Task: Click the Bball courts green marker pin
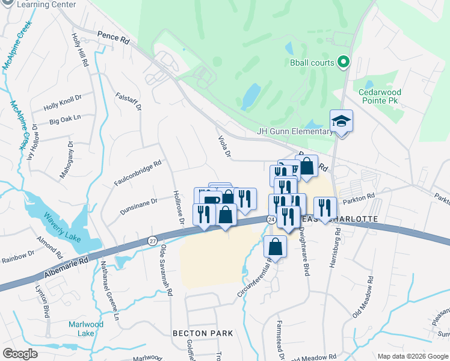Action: (x=344, y=61)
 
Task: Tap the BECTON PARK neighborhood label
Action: (x=202, y=333)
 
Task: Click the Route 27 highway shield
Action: (x=153, y=241)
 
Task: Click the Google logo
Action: (x=20, y=354)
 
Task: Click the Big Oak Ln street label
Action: (x=65, y=120)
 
